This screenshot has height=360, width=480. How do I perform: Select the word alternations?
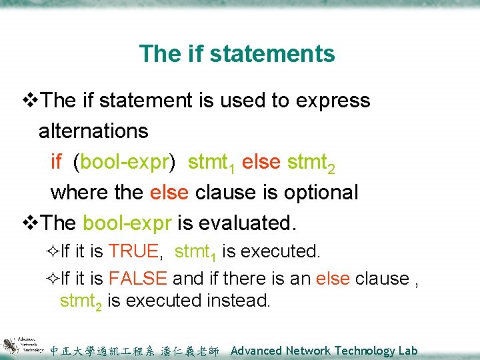pyautogui.click(x=93, y=131)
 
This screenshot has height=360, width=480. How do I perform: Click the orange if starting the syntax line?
pyautogui.click(x=57, y=161)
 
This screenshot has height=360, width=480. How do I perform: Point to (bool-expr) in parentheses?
pyautogui.click(x=125, y=162)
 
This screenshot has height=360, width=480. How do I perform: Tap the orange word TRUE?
pyautogui.click(x=133, y=252)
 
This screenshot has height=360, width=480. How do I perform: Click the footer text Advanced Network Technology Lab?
pyautogui.click(x=323, y=351)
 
